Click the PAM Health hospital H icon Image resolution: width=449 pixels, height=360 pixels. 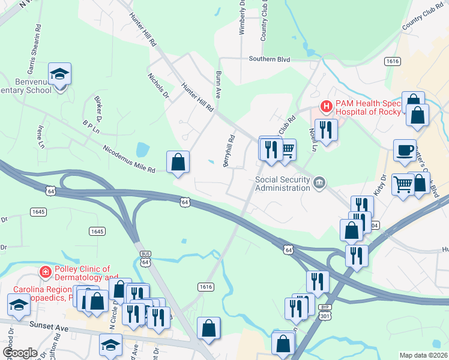tap(327, 107)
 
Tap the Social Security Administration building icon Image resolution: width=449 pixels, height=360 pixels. tap(319, 182)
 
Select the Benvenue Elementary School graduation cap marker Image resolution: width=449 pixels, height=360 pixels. tap(60, 74)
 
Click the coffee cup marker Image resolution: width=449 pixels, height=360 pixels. tap(405, 150)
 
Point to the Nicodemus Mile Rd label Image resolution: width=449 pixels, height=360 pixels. tap(128, 159)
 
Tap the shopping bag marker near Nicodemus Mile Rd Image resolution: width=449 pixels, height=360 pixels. tap(178, 162)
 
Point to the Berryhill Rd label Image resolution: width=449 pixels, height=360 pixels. tap(229, 152)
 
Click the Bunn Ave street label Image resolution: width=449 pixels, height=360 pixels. tap(219, 85)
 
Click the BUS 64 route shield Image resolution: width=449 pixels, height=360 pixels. tap(145, 258)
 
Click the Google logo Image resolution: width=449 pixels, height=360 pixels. tap(20, 353)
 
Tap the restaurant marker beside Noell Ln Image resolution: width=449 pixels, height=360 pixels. tap(326, 130)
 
